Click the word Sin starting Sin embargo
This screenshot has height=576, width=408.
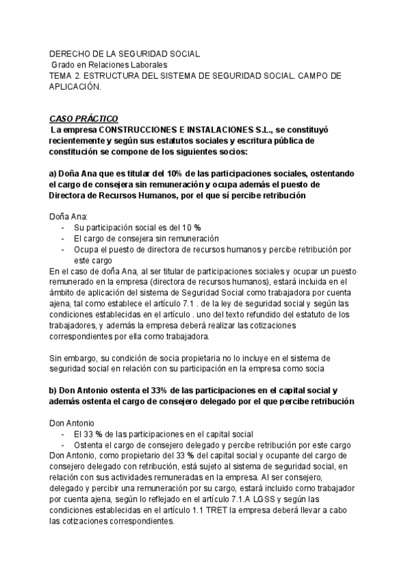point(58,358)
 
